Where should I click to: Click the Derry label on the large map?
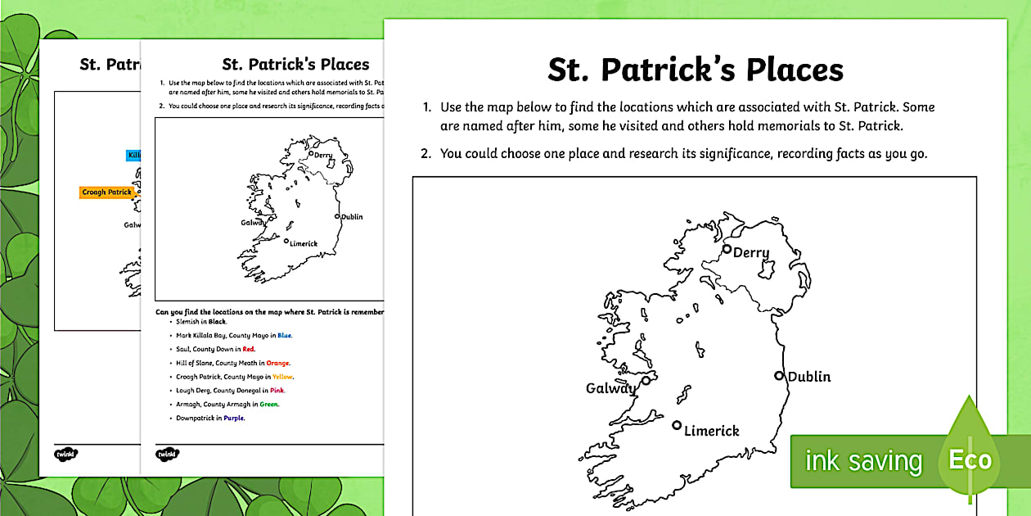[x=751, y=253]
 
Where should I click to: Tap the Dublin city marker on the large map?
[x=779, y=376]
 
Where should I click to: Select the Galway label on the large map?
[x=611, y=388]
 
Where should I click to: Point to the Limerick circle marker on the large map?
[x=677, y=425]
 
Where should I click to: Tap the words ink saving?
[x=863, y=461]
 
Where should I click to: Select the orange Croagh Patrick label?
[x=107, y=192]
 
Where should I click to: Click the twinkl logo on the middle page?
[x=167, y=453]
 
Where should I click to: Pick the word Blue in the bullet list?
[x=284, y=335]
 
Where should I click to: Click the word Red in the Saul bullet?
[x=249, y=349]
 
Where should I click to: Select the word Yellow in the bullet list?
[x=282, y=377]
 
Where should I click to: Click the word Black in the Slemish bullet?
[x=217, y=322]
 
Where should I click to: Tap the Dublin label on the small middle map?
[x=352, y=217]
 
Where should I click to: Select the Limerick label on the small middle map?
[x=304, y=244]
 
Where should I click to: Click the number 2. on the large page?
[x=425, y=153]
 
